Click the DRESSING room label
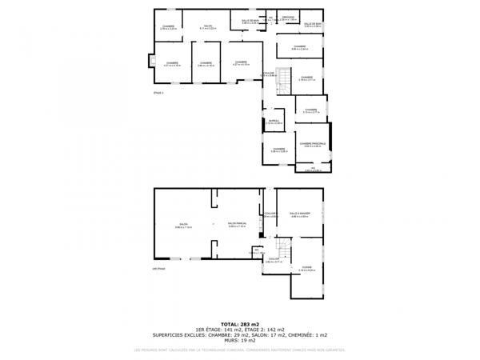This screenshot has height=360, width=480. coord(289,17)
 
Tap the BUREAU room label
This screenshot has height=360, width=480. coord(274,122)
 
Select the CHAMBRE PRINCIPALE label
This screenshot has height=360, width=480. coord(312,144)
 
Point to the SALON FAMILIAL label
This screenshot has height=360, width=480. coord(237,224)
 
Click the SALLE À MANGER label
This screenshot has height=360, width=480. coord(300,214)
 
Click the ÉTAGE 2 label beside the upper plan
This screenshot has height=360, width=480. coord(158,93)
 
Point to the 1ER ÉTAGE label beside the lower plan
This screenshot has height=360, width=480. coord(158,269)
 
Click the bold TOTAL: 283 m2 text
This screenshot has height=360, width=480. coord(240,324)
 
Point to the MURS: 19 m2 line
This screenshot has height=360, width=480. coord(240,341)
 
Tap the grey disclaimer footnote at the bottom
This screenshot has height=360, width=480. coord(240,350)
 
